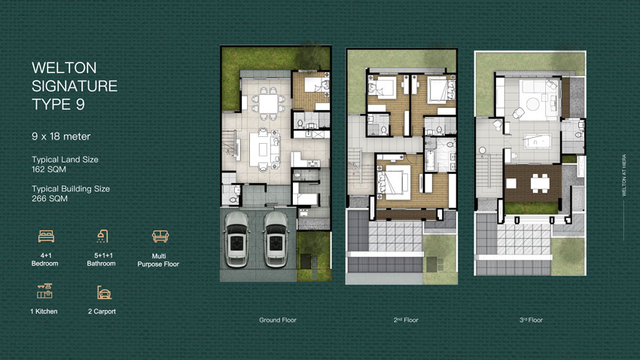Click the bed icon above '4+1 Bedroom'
[x=46, y=236]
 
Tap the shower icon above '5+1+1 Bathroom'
[x=102, y=236]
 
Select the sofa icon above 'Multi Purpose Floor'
[x=160, y=236]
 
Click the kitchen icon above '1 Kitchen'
[x=44, y=291]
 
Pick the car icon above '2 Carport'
[x=104, y=292]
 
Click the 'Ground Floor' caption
[x=278, y=320]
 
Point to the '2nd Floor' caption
[x=406, y=320]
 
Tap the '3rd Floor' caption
[x=531, y=320]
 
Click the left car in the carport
[x=236, y=239]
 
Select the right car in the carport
[x=276, y=239]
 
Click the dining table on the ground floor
[x=268, y=104]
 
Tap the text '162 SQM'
[x=49, y=169]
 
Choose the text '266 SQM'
[x=50, y=199]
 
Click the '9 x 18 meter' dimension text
[x=61, y=136]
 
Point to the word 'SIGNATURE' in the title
[x=75, y=86]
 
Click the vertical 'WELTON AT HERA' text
[x=623, y=175]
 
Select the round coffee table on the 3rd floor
[x=532, y=104]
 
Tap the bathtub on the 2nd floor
[x=430, y=160]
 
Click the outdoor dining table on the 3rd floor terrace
[x=540, y=183]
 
